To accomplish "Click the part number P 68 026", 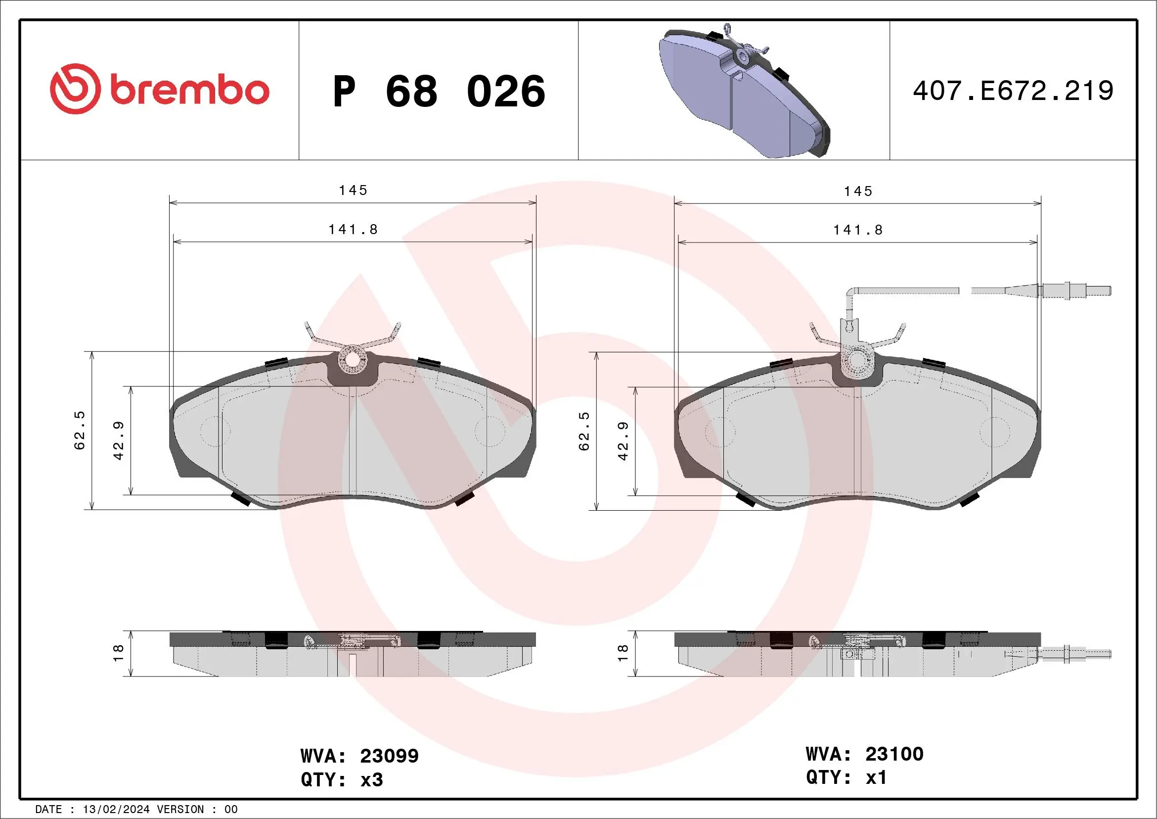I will (x=439, y=91).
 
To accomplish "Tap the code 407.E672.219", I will (x=1013, y=91).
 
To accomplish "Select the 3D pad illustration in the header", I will (x=743, y=94).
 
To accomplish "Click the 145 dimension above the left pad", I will (x=353, y=191).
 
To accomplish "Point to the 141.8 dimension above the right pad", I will (x=858, y=231).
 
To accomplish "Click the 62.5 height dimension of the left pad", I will (x=80, y=430).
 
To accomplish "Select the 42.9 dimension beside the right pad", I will (x=623, y=441).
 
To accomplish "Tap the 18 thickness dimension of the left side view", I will (x=118, y=653).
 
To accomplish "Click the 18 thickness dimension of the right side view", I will (x=623, y=653).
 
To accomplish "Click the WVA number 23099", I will (x=389, y=756).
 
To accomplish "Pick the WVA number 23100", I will (x=894, y=754).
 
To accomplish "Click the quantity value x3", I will (x=372, y=780).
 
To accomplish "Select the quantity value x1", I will (x=876, y=777).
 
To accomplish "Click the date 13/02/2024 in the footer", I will (x=116, y=810).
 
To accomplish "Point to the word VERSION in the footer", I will (x=180, y=810).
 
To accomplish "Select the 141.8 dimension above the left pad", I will (x=353, y=230).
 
